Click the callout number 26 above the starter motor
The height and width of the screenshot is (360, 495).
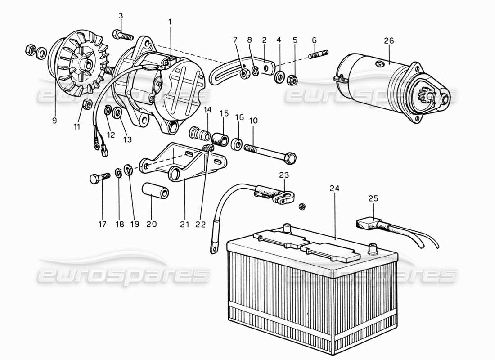388,41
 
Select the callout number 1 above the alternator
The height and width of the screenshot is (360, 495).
170,21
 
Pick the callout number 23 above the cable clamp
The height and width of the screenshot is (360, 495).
284,175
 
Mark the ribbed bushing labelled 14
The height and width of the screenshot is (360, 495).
199,135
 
